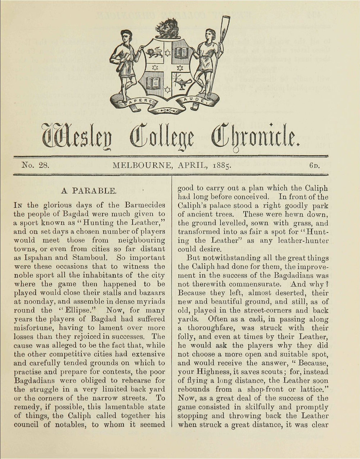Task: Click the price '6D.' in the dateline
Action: pyautogui.click(x=315, y=166)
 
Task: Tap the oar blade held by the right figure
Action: pyautogui.click(x=226, y=25)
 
